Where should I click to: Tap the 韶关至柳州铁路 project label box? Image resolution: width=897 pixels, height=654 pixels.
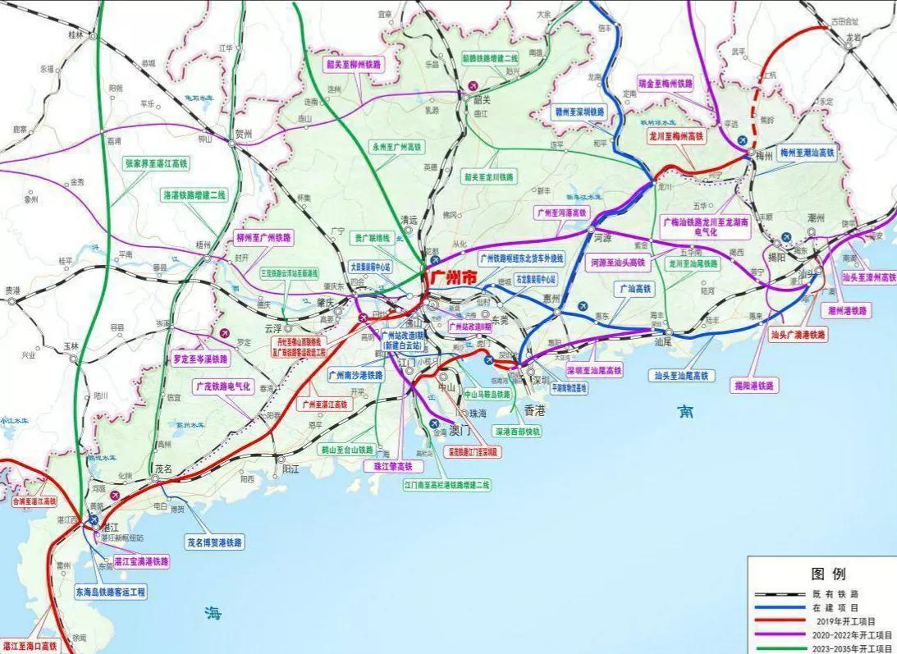[x=355, y=63]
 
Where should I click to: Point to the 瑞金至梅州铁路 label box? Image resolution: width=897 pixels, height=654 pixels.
[x=666, y=84]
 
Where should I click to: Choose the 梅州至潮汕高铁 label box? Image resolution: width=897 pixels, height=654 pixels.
[x=806, y=153]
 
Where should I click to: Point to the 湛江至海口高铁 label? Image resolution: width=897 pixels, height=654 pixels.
[x=30, y=647]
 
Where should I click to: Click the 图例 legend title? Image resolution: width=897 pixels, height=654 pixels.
[x=827, y=574]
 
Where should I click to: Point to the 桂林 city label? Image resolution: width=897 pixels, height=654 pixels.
[x=77, y=34]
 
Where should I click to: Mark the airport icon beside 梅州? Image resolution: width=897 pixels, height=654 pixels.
[x=744, y=141]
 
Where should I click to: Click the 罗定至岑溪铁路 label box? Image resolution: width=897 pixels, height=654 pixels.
[x=201, y=359]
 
